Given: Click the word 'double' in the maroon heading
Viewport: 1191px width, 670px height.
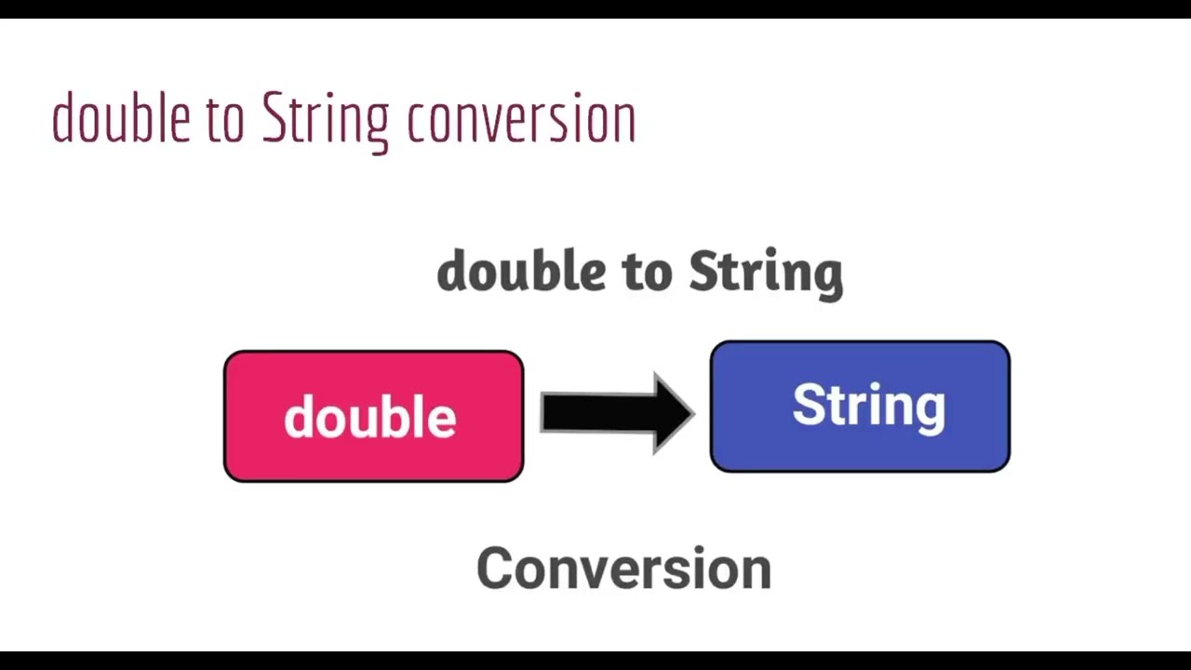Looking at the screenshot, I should (x=121, y=119).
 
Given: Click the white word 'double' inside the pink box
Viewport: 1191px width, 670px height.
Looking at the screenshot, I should (x=370, y=418).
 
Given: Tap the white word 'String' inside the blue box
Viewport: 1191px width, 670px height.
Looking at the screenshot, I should (x=868, y=407).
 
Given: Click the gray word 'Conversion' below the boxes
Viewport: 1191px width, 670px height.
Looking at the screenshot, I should (x=623, y=568).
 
